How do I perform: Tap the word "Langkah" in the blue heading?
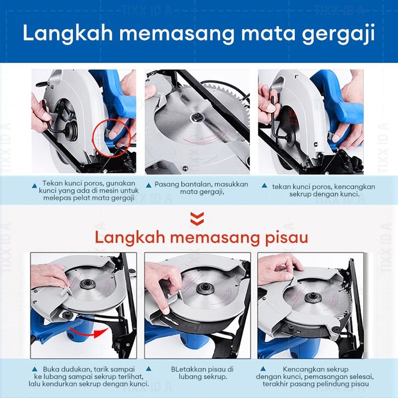point(68,33)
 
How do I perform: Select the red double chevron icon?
point(197,219)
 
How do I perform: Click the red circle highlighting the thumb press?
point(112,138)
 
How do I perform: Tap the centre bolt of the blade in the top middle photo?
point(197,117)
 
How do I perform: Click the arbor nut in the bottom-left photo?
point(88,284)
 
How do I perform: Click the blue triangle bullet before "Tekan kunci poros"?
point(35,186)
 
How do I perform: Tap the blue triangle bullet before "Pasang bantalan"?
point(149,185)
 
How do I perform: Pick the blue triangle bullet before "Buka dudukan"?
point(35,369)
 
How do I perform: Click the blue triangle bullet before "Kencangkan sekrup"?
point(263,369)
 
